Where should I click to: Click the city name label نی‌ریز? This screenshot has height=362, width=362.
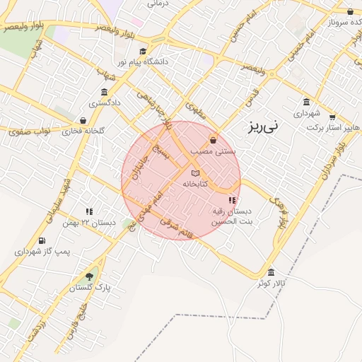pyautogui.click(x=264, y=127)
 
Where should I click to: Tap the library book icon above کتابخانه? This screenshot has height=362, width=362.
pyautogui.click(x=196, y=173)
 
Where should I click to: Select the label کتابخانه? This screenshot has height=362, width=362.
pyautogui.click(x=195, y=184)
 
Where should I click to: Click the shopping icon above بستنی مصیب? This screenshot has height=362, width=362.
pyautogui.click(x=213, y=140)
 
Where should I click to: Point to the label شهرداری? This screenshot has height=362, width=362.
pyautogui.click(x=307, y=113)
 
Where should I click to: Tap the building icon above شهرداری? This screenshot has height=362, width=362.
pyautogui.click(x=306, y=102)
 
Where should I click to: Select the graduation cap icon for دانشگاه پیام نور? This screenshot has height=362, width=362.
pyautogui.click(x=144, y=51)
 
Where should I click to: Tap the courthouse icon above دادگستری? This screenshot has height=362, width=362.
pyautogui.click(x=105, y=93)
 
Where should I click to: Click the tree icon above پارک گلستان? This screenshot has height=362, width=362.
pyautogui.click(x=89, y=276)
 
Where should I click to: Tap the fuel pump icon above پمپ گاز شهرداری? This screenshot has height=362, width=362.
pyautogui.click(x=42, y=240)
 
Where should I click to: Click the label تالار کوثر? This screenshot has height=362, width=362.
pyautogui.click(x=271, y=283)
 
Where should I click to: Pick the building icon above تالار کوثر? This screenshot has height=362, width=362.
pyautogui.click(x=271, y=272)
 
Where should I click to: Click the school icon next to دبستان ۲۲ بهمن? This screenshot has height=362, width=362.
pyautogui.click(x=89, y=211)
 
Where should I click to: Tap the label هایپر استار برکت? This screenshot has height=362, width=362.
pyautogui.click(x=334, y=129)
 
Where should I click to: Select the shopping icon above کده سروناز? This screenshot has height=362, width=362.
pyautogui.click(x=351, y=11)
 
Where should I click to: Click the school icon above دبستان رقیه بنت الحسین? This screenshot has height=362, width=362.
pyautogui.click(x=233, y=200)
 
